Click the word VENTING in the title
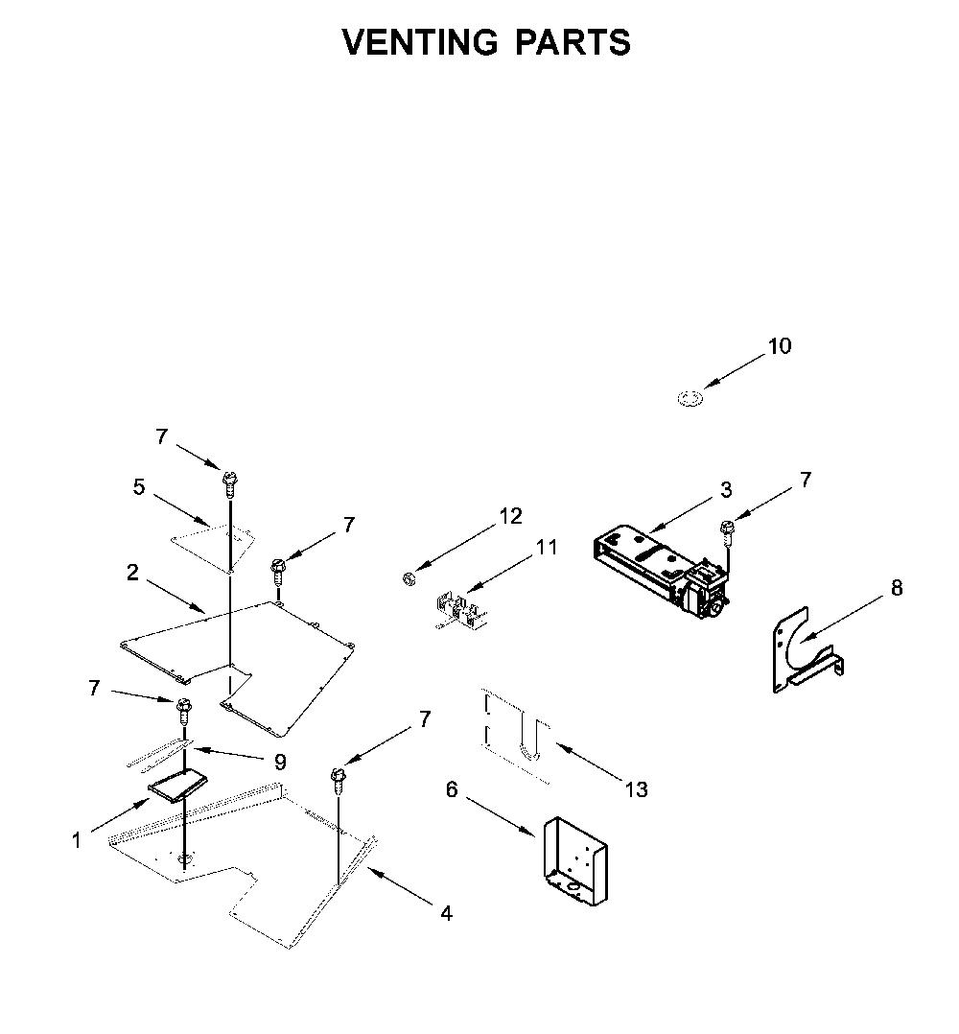[x=420, y=42]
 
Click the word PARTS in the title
[x=573, y=42]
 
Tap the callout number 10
[x=780, y=346]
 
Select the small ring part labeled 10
[x=690, y=398]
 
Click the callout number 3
[x=726, y=490]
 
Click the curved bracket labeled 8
[x=807, y=650]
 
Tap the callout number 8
[x=897, y=588]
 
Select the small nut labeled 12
[x=408, y=578]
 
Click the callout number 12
[x=511, y=516]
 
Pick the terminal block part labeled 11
[x=460, y=611]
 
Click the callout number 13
[x=637, y=789]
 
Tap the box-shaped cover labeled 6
[x=576, y=861]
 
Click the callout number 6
[x=452, y=789]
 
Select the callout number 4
[x=446, y=914]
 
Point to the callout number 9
[x=280, y=763]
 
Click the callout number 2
[x=132, y=573]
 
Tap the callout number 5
[x=138, y=487]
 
